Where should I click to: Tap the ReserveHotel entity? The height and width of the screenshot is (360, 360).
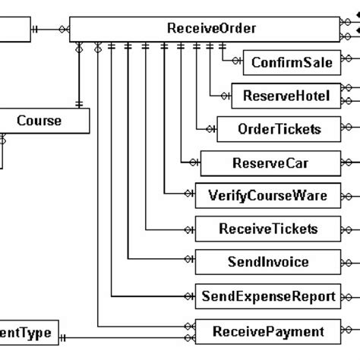pyautogui.click(x=286, y=96)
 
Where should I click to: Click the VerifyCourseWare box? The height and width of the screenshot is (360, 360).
pyautogui.click(x=267, y=195)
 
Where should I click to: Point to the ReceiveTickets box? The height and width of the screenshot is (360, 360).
pyautogui.click(x=267, y=229)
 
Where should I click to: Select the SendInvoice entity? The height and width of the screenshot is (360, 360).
pyautogui.click(x=267, y=262)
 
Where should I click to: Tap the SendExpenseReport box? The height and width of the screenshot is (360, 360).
pyautogui.click(x=267, y=296)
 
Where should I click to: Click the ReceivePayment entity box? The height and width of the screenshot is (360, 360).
pyautogui.click(x=267, y=331)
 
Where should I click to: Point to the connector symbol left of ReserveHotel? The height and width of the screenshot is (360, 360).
pyautogui.click(x=225, y=96)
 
